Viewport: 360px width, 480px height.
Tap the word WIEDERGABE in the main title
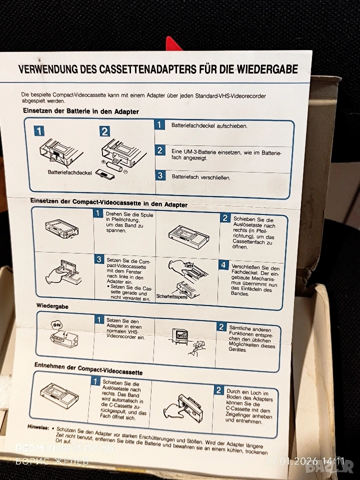[x=266, y=69]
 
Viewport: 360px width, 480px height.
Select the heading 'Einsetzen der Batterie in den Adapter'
[x=81, y=111]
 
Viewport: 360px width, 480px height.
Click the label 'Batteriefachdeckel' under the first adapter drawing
[x=70, y=172]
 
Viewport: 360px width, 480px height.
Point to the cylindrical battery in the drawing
[x=114, y=166]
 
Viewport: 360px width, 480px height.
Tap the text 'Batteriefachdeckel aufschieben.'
[x=209, y=126]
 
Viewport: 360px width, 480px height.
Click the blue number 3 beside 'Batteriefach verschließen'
[x=160, y=175]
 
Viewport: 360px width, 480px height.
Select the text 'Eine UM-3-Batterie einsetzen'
[x=206, y=152]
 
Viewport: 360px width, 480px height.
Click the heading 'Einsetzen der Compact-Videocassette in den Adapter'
[x=108, y=202]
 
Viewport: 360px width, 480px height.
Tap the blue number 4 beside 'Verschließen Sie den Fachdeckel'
[x=223, y=265]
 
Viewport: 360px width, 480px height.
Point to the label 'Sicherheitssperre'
[x=171, y=296]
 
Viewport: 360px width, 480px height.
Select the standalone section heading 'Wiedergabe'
[x=52, y=306]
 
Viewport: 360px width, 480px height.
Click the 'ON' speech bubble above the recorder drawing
[x=56, y=324]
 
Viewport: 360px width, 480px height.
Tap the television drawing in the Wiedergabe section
[x=181, y=336]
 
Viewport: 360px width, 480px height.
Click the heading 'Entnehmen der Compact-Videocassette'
[x=88, y=369]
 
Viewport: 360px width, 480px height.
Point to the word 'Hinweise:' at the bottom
[x=38, y=426]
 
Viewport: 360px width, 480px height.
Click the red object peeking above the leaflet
[x=173, y=44]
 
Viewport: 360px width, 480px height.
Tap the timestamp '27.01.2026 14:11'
[x=305, y=461]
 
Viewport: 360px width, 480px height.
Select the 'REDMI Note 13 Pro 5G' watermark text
[x=65, y=448]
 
